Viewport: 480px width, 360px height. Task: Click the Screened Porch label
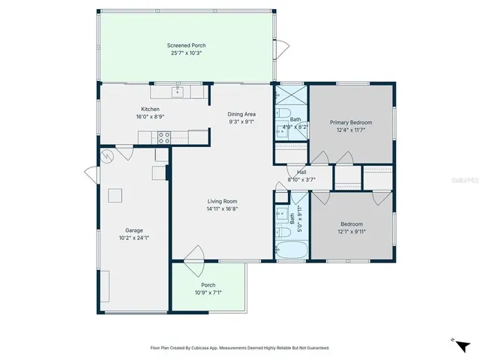pos(186,46)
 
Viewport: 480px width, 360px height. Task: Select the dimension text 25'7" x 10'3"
pos(186,54)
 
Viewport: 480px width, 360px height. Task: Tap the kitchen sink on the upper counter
pos(178,92)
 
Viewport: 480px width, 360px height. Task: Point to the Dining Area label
pos(242,114)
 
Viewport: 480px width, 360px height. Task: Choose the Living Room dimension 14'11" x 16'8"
pos(223,209)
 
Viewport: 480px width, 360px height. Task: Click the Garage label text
pos(134,230)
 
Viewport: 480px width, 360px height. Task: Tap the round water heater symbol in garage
pos(107,156)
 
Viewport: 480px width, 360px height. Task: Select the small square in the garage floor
pos(115,196)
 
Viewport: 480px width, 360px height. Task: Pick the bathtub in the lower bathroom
pos(292,250)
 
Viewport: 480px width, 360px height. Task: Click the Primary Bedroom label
pos(351,122)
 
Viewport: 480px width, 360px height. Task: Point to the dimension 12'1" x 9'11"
pos(351,232)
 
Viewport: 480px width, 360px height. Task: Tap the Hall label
pos(301,172)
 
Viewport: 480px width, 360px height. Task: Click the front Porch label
pos(208,285)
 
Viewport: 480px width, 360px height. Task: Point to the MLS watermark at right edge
pos(466,181)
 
